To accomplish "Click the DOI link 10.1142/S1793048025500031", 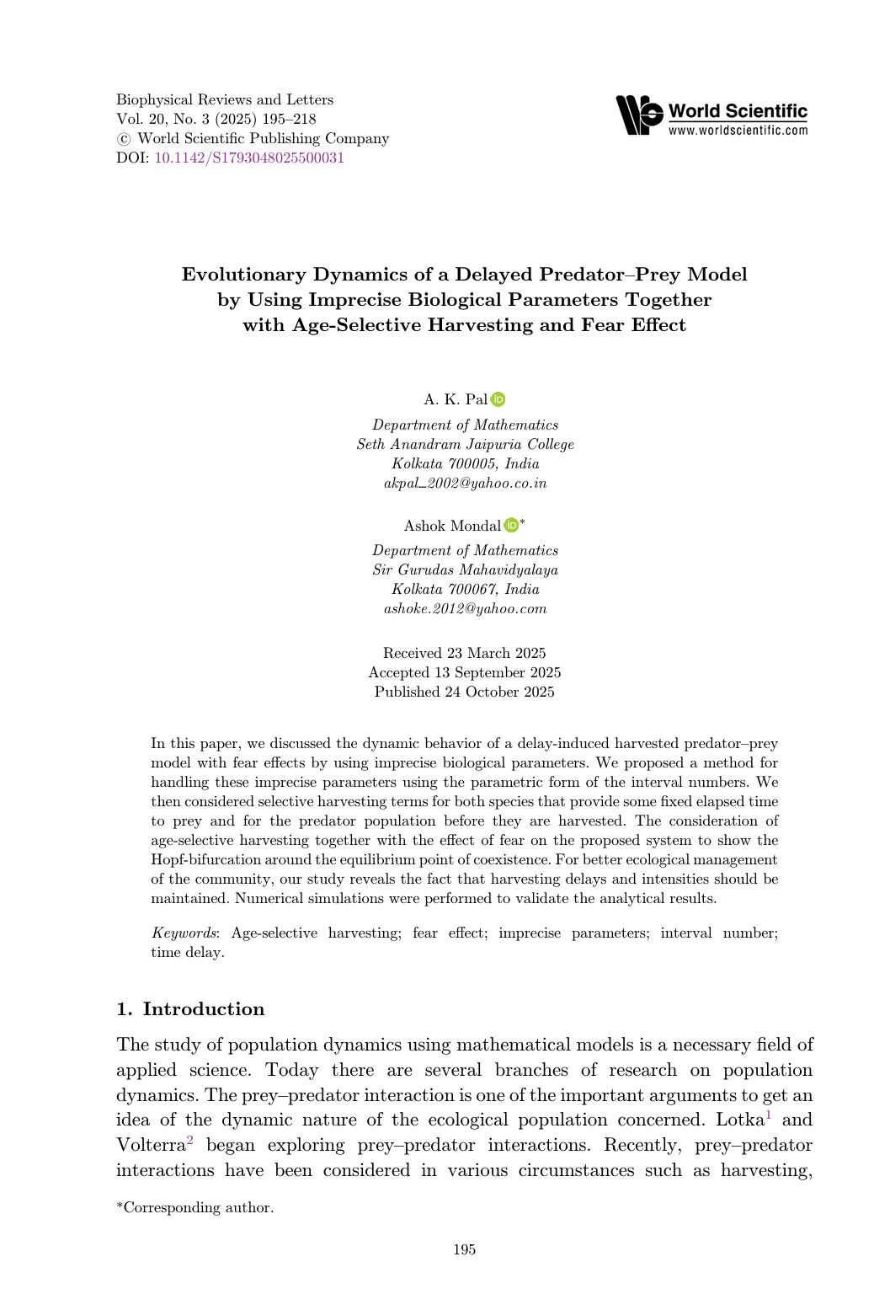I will pos(249,158).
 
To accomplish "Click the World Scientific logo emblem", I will pos(639,115).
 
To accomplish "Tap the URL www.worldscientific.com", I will pos(738,131).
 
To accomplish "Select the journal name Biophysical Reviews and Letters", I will pos(225,99).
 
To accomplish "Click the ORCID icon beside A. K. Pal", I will pos(498,399).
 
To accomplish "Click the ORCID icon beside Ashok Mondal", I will pos(511,526).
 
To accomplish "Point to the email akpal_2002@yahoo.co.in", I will pos(465,483).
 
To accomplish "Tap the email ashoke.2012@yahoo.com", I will pos(465,608).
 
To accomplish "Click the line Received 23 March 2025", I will pos(464,653).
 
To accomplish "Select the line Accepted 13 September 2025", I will pos(464,672).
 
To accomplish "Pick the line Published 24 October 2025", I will pos(464,692).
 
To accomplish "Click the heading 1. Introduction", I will pos(190,1009).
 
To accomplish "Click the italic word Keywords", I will pos(184,933).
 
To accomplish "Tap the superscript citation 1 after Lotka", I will pos(768,1115).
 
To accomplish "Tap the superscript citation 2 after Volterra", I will pos(190,1141).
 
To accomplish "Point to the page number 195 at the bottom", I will pos(465,1249).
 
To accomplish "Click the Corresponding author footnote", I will pos(195,1207).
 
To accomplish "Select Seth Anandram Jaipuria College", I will pos(465,444).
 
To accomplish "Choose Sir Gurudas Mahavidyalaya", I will pos(465,569).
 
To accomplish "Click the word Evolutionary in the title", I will pos(243,275).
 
